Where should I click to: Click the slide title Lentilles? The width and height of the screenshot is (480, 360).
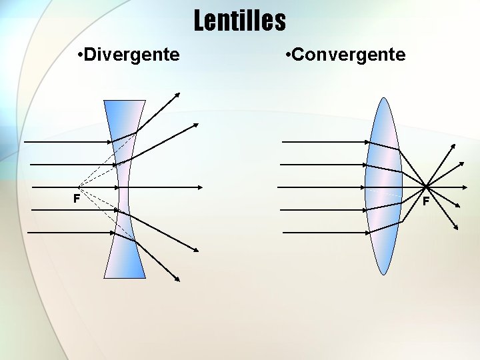point(240,21)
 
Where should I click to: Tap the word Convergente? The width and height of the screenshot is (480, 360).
point(348,54)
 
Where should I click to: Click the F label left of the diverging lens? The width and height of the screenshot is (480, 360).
point(77,199)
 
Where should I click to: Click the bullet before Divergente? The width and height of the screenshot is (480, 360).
point(80,54)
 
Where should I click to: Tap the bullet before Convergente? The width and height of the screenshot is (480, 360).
point(287,54)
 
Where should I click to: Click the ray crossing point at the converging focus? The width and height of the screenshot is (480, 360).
point(425,186)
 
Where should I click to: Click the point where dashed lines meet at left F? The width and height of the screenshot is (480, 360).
point(78,187)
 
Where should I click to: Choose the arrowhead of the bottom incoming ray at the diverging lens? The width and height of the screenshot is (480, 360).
point(113,233)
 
